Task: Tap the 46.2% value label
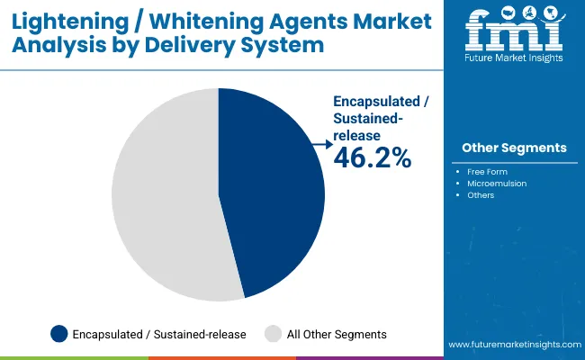373,157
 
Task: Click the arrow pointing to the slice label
322,144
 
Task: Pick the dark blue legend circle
58,334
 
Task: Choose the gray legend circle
273,334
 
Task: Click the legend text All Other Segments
337,334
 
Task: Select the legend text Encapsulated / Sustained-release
159,334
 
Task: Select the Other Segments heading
514,148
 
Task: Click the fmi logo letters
514,29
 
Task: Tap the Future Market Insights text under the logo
514,58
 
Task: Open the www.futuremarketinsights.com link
515,345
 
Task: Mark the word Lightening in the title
70,22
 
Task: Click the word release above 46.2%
356,135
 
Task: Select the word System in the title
283,46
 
